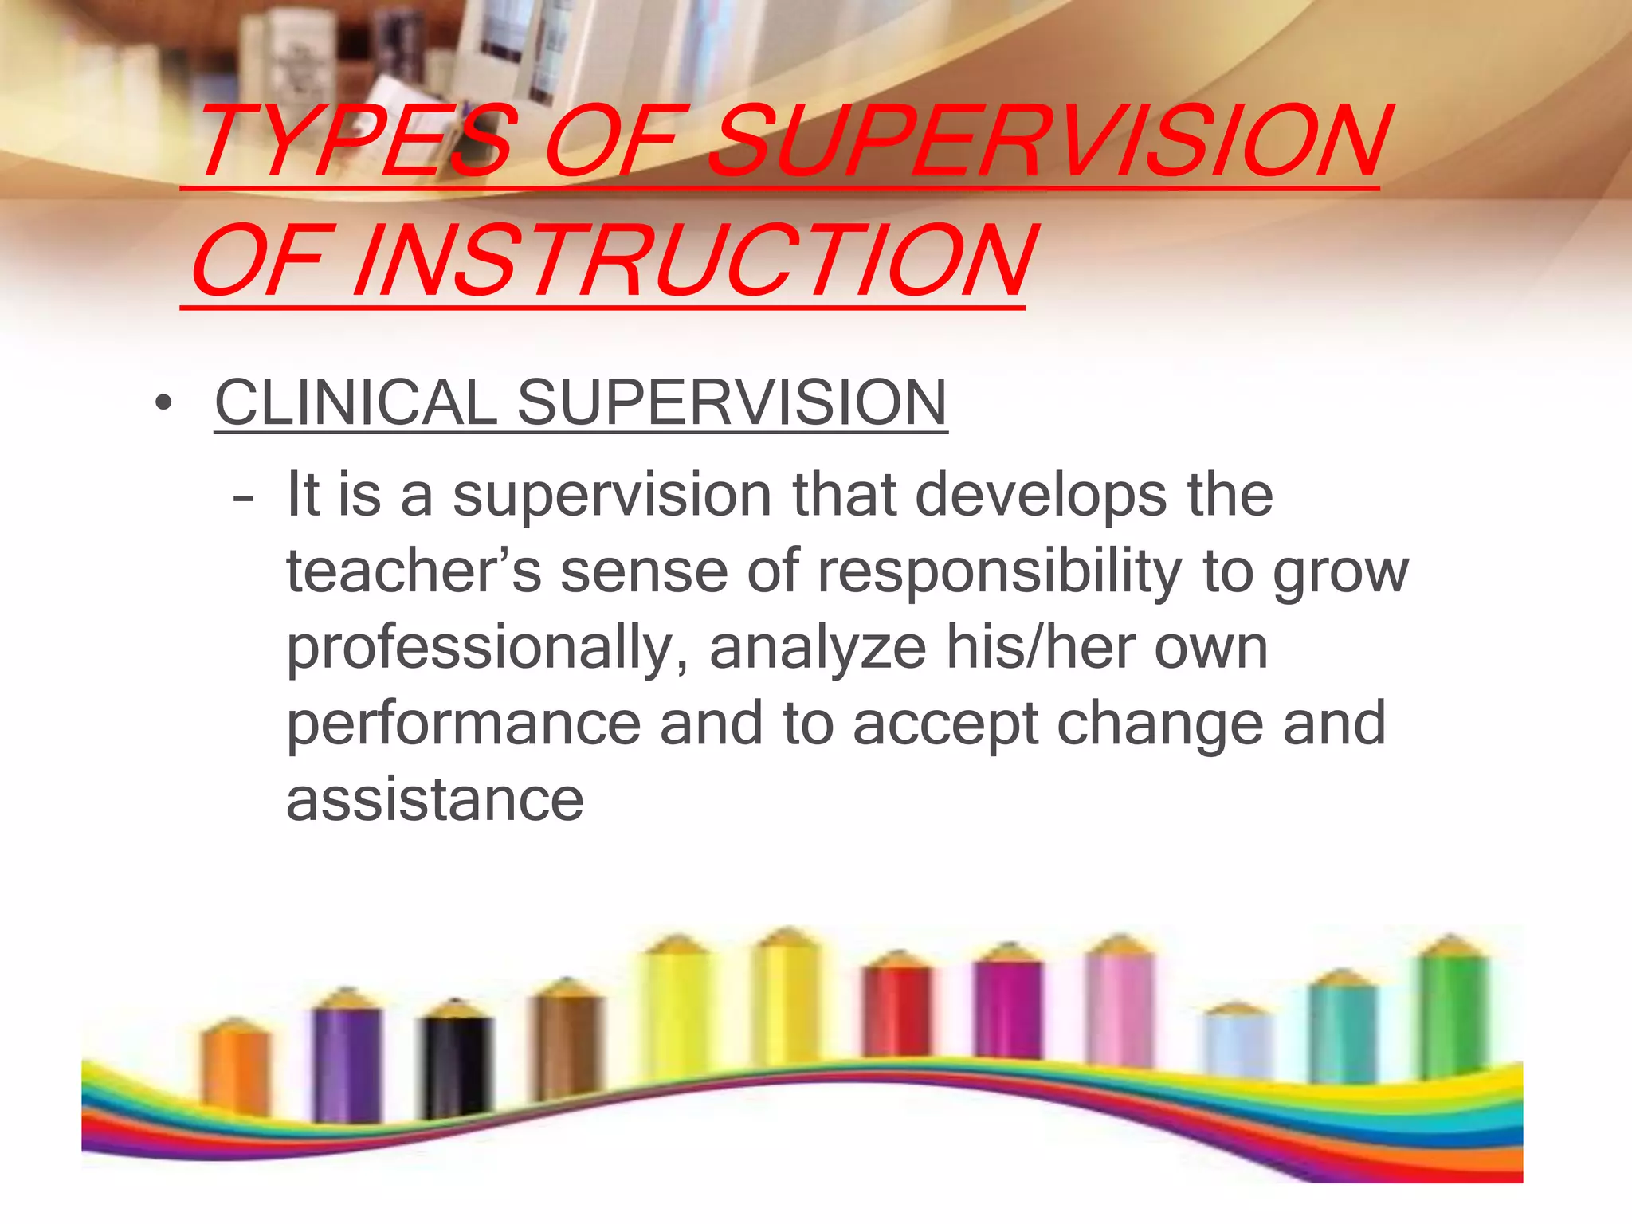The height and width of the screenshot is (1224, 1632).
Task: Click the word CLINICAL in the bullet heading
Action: [x=355, y=402]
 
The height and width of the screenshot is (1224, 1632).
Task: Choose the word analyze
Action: [x=817, y=648]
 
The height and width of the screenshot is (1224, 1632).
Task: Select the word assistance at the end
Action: [x=435, y=800]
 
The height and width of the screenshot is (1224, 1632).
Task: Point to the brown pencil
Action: [x=567, y=1044]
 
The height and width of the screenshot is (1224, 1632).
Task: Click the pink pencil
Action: [x=1120, y=1004]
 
